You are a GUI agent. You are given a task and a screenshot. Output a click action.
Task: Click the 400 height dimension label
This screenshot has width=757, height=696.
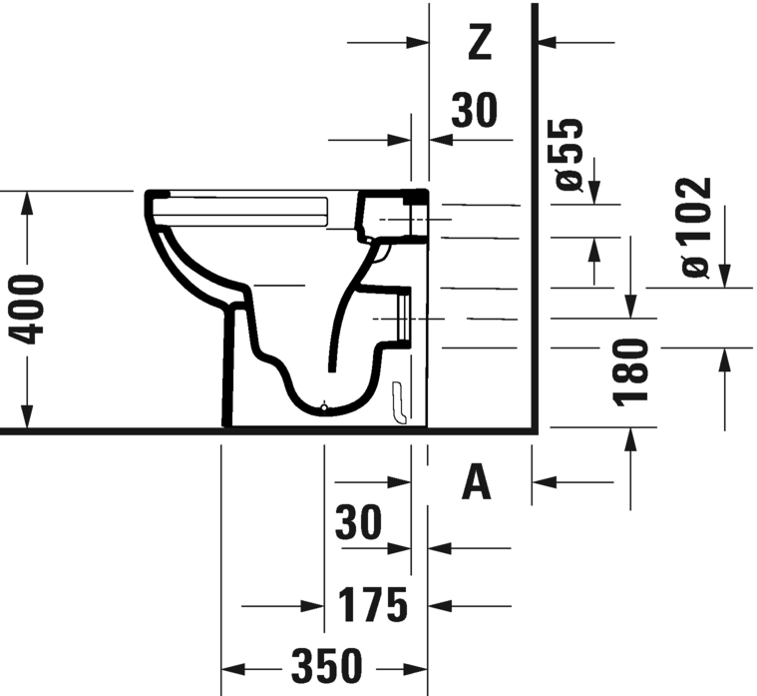pyautogui.click(x=28, y=310)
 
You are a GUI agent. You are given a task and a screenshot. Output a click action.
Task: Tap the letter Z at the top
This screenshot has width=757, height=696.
pyautogui.click(x=480, y=43)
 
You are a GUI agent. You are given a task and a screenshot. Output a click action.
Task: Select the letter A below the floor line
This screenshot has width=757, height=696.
pyautogui.click(x=477, y=482)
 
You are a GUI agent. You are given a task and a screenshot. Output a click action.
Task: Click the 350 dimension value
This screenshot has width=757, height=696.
pyautogui.click(x=326, y=666)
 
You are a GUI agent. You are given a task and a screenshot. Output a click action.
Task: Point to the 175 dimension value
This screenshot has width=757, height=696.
pyautogui.click(x=372, y=604)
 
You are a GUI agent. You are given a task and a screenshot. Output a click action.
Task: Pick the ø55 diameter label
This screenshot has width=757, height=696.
pyautogui.click(x=569, y=154)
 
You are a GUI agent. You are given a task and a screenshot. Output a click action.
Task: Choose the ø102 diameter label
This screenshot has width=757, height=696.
pyautogui.click(x=696, y=227)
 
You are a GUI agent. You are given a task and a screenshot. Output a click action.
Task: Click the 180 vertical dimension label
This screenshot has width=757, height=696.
pyautogui.click(x=630, y=371)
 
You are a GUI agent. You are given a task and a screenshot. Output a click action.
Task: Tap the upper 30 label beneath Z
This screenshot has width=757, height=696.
pyautogui.click(x=474, y=110)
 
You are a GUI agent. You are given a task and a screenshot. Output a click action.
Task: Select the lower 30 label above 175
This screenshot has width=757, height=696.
pyautogui.click(x=358, y=521)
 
